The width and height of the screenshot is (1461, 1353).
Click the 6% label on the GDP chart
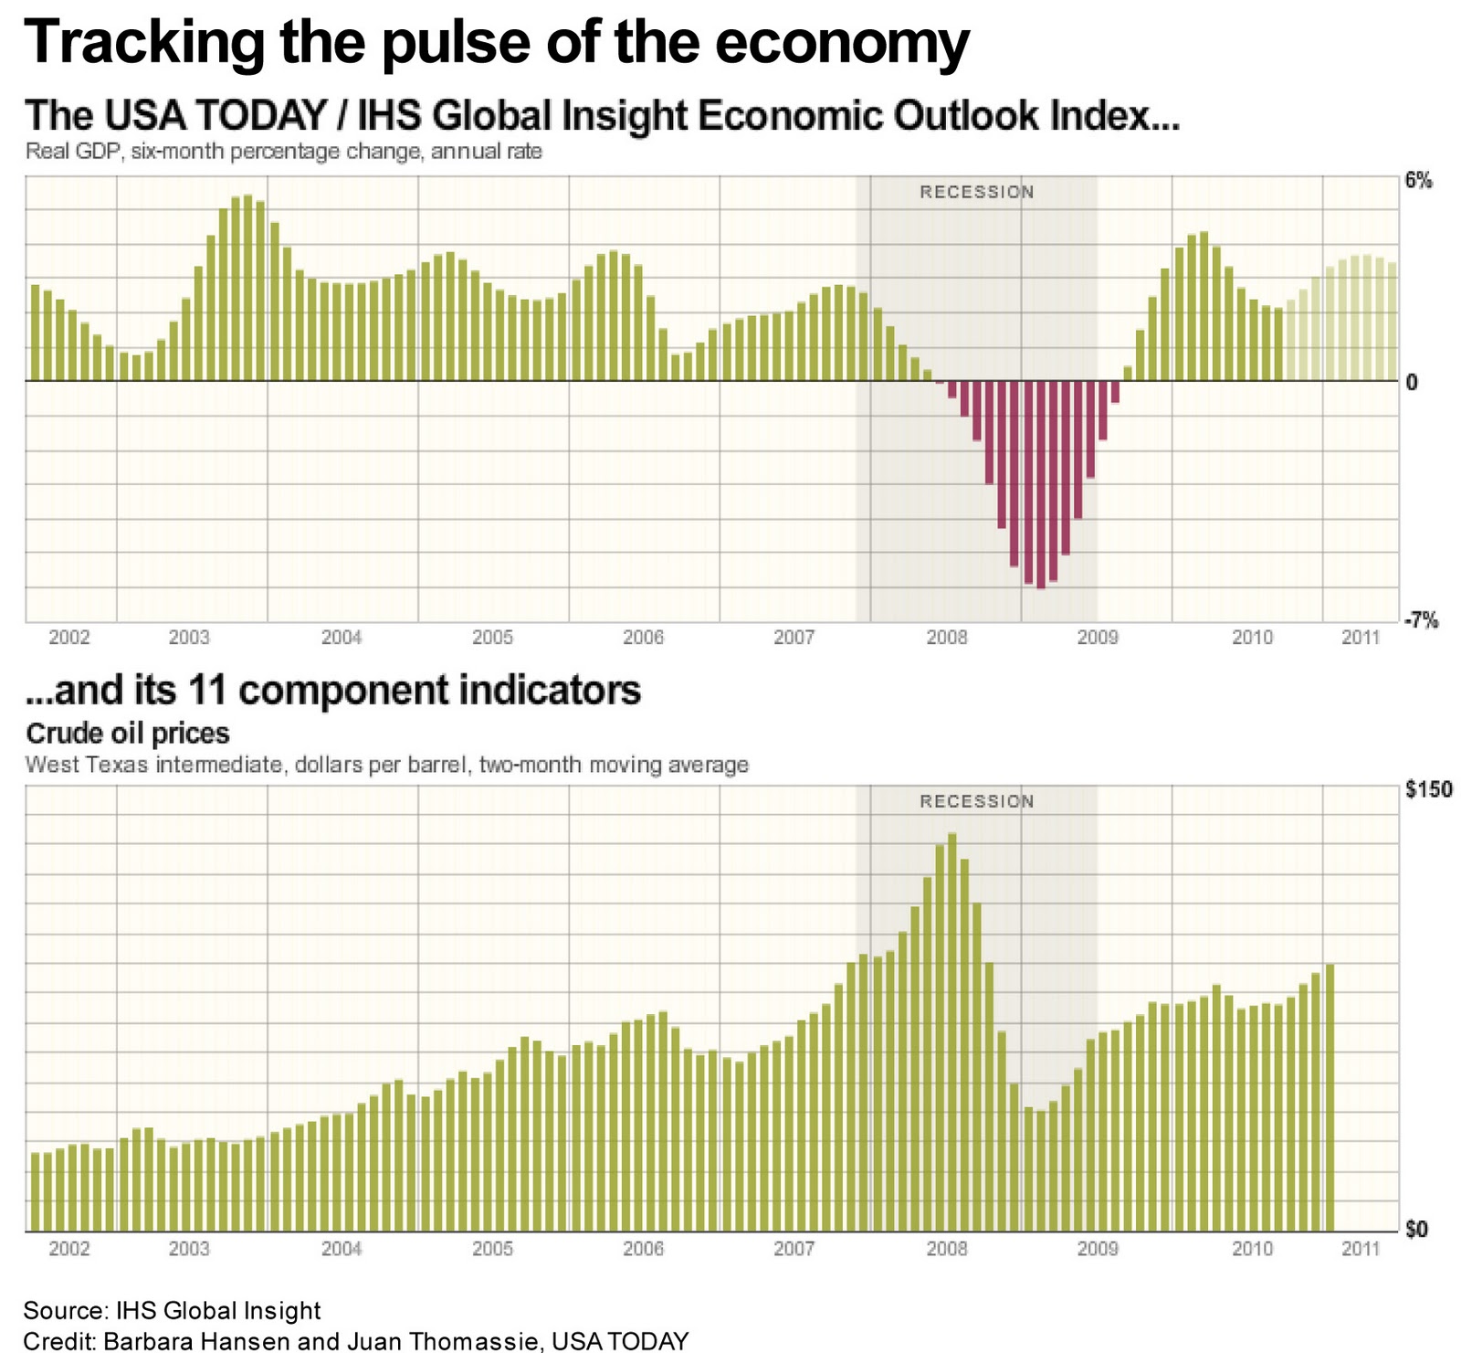pyautogui.click(x=1418, y=181)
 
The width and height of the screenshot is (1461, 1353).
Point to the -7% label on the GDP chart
pyautogui.click(x=1420, y=621)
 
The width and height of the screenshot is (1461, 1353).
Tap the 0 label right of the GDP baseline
pyautogui.click(x=1412, y=383)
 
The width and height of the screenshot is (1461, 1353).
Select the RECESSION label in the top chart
pyautogui.click(x=976, y=193)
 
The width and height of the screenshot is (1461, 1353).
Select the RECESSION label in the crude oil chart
pyautogui.click(x=976, y=801)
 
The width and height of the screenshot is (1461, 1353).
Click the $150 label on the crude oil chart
pyautogui.click(x=1428, y=789)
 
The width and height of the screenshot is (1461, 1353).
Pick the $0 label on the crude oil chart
pyautogui.click(x=1416, y=1230)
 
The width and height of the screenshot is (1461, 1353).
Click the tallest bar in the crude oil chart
pyautogui.click(x=951, y=1032)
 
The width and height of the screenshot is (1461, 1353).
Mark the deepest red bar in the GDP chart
pyautogui.click(x=1040, y=484)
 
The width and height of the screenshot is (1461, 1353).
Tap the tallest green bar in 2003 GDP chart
pyautogui.click(x=247, y=288)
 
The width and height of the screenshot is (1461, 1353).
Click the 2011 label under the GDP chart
pyautogui.click(x=1360, y=638)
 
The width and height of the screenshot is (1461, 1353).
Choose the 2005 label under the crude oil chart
pyautogui.click(x=492, y=1248)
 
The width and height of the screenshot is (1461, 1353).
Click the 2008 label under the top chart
pyautogui.click(x=946, y=638)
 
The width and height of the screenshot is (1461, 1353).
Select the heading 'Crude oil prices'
pyautogui.click(x=128, y=734)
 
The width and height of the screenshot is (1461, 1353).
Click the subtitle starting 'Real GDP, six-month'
pyautogui.click(x=283, y=152)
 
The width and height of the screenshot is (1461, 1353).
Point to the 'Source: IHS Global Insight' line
pyautogui.click(x=172, y=1311)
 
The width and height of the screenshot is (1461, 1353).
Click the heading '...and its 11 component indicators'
pyautogui.click(x=333, y=691)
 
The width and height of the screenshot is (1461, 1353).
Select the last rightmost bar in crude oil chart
pyautogui.click(x=1330, y=1097)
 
